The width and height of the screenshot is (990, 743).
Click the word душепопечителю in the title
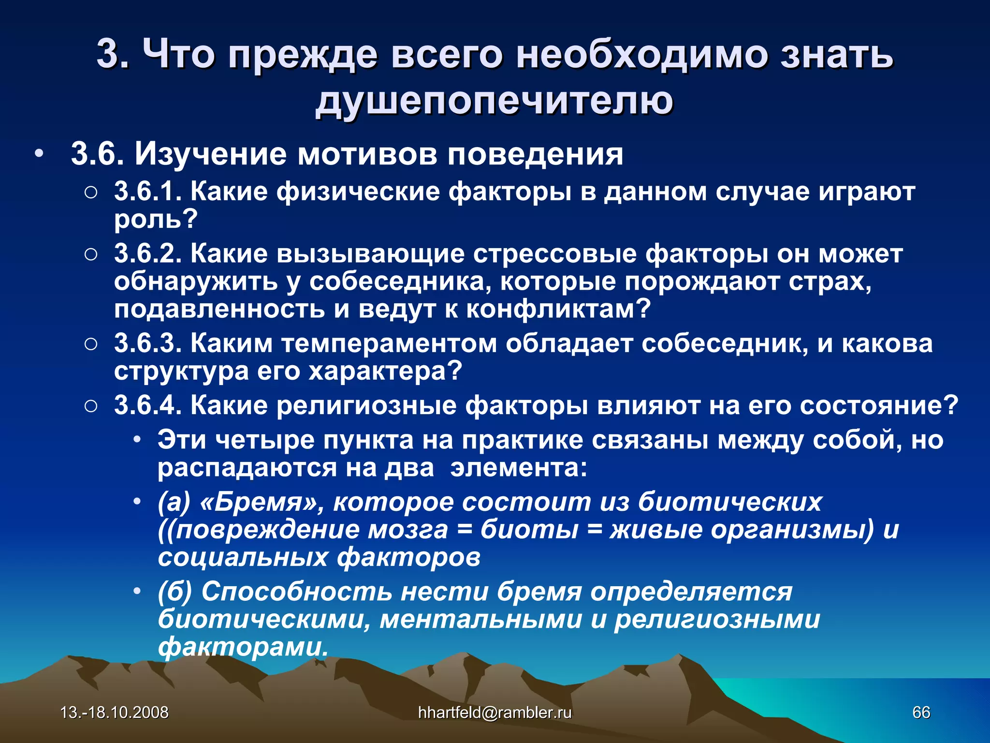[x=494, y=101]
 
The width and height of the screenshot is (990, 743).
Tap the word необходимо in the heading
[x=641, y=54]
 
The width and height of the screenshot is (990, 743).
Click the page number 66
[x=921, y=712]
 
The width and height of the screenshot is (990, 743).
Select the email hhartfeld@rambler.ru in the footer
[x=495, y=712]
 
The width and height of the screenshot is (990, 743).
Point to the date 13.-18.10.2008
[x=115, y=712]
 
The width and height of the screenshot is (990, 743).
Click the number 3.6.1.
[x=147, y=192]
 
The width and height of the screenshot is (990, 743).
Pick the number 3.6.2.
[x=147, y=253]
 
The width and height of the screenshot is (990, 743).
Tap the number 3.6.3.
[x=147, y=343]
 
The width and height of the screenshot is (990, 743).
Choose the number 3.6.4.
[x=147, y=405]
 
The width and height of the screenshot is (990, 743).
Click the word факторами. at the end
[x=243, y=647]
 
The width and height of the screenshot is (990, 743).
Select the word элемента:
[x=519, y=468]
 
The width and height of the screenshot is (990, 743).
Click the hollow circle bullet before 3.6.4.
[x=91, y=406]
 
